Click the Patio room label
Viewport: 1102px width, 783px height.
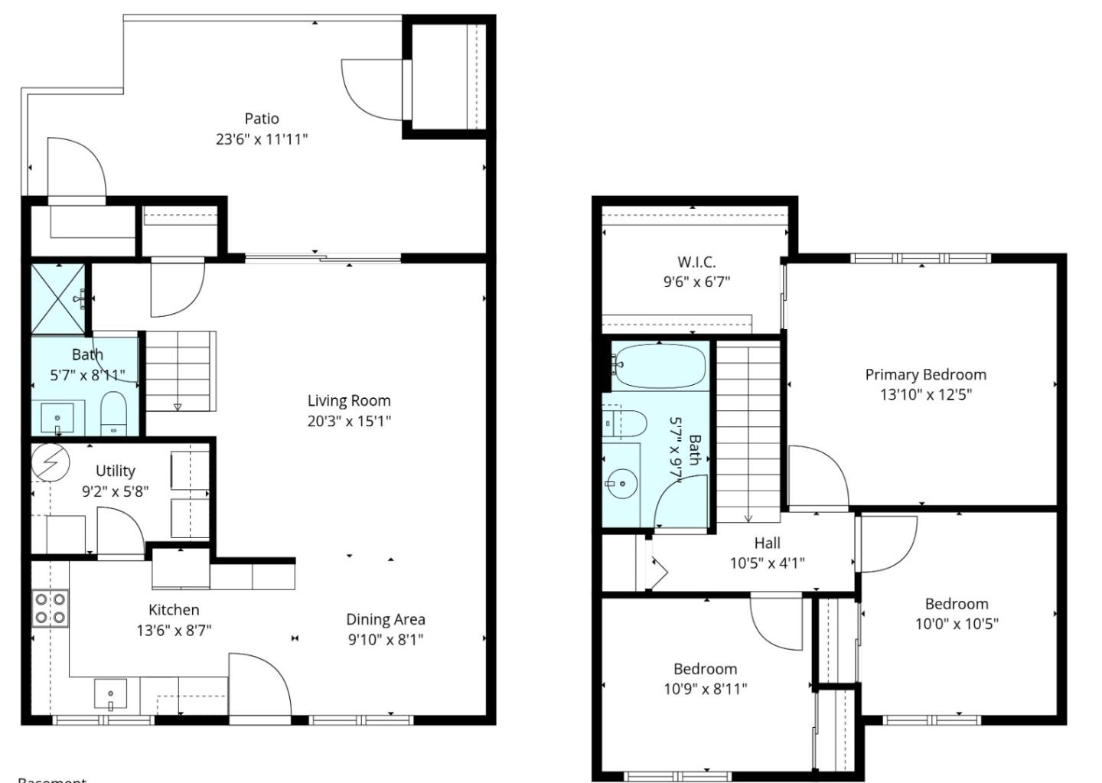(262, 119)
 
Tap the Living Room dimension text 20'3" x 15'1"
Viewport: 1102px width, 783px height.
(349, 421)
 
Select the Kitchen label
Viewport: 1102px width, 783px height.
(174, 610)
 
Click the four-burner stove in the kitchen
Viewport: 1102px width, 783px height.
(50, 608)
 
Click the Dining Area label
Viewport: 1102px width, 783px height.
(385, 620)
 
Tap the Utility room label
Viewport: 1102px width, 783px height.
(116, 471)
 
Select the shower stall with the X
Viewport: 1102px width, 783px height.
(58, 299)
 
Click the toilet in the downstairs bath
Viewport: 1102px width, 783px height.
(113, 414)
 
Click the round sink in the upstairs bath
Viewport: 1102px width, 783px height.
(621, 484)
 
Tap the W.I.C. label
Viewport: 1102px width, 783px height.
(696, 262)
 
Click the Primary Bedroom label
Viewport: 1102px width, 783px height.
(925, 374)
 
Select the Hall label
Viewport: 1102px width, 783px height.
(767, 543)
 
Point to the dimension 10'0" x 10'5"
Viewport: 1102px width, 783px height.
(957, 624)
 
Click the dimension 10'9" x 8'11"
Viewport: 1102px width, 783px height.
(705, 689)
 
